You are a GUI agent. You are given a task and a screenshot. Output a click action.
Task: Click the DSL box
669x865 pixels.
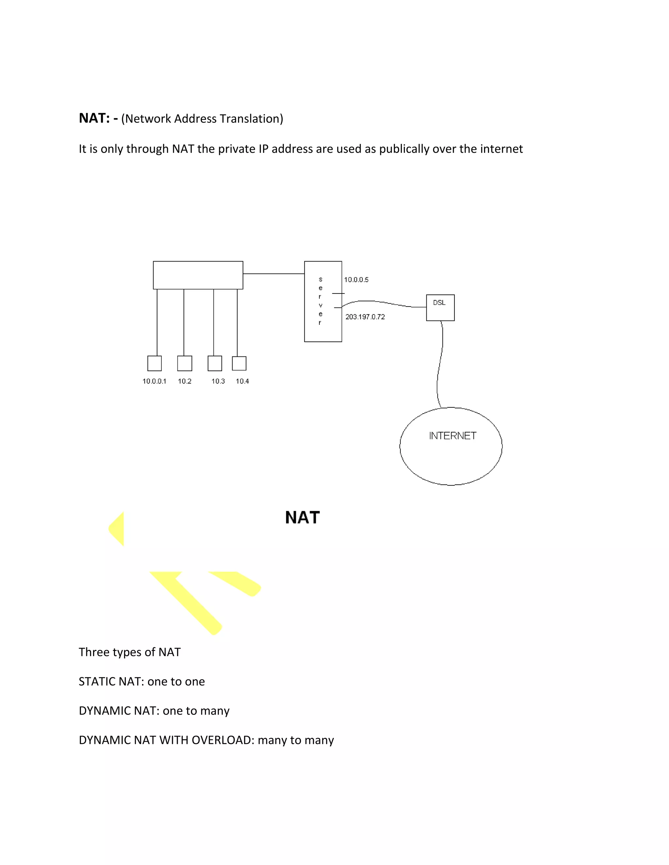point(440,307)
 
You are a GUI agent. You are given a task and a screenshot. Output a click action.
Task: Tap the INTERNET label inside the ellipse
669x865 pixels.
point(452,436)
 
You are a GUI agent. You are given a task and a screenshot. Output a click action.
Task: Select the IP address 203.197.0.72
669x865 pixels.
point(365,317)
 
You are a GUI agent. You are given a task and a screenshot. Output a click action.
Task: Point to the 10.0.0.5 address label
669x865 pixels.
point(356,280)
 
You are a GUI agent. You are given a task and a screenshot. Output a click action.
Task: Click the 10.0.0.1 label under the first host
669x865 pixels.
point(154,381)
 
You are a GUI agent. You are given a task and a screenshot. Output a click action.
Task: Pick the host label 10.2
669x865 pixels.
point(184,381)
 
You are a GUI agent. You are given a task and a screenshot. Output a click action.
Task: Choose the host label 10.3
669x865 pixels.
point(218,381)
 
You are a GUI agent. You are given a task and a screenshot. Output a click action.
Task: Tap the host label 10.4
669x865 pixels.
point(242,381)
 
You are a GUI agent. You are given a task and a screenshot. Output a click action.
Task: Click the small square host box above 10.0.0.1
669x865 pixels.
point(154,363)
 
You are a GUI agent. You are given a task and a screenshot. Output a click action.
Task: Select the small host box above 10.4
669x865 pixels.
point(239,363)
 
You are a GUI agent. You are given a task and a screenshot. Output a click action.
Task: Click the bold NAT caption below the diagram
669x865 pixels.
point(302,517)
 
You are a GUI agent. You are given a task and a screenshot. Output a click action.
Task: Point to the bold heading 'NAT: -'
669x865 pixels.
point(98,118)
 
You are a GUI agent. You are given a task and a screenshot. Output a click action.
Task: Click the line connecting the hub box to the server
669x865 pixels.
point(273,273)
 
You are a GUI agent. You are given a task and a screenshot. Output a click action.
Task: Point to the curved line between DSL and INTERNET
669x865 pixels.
point(440,364)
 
